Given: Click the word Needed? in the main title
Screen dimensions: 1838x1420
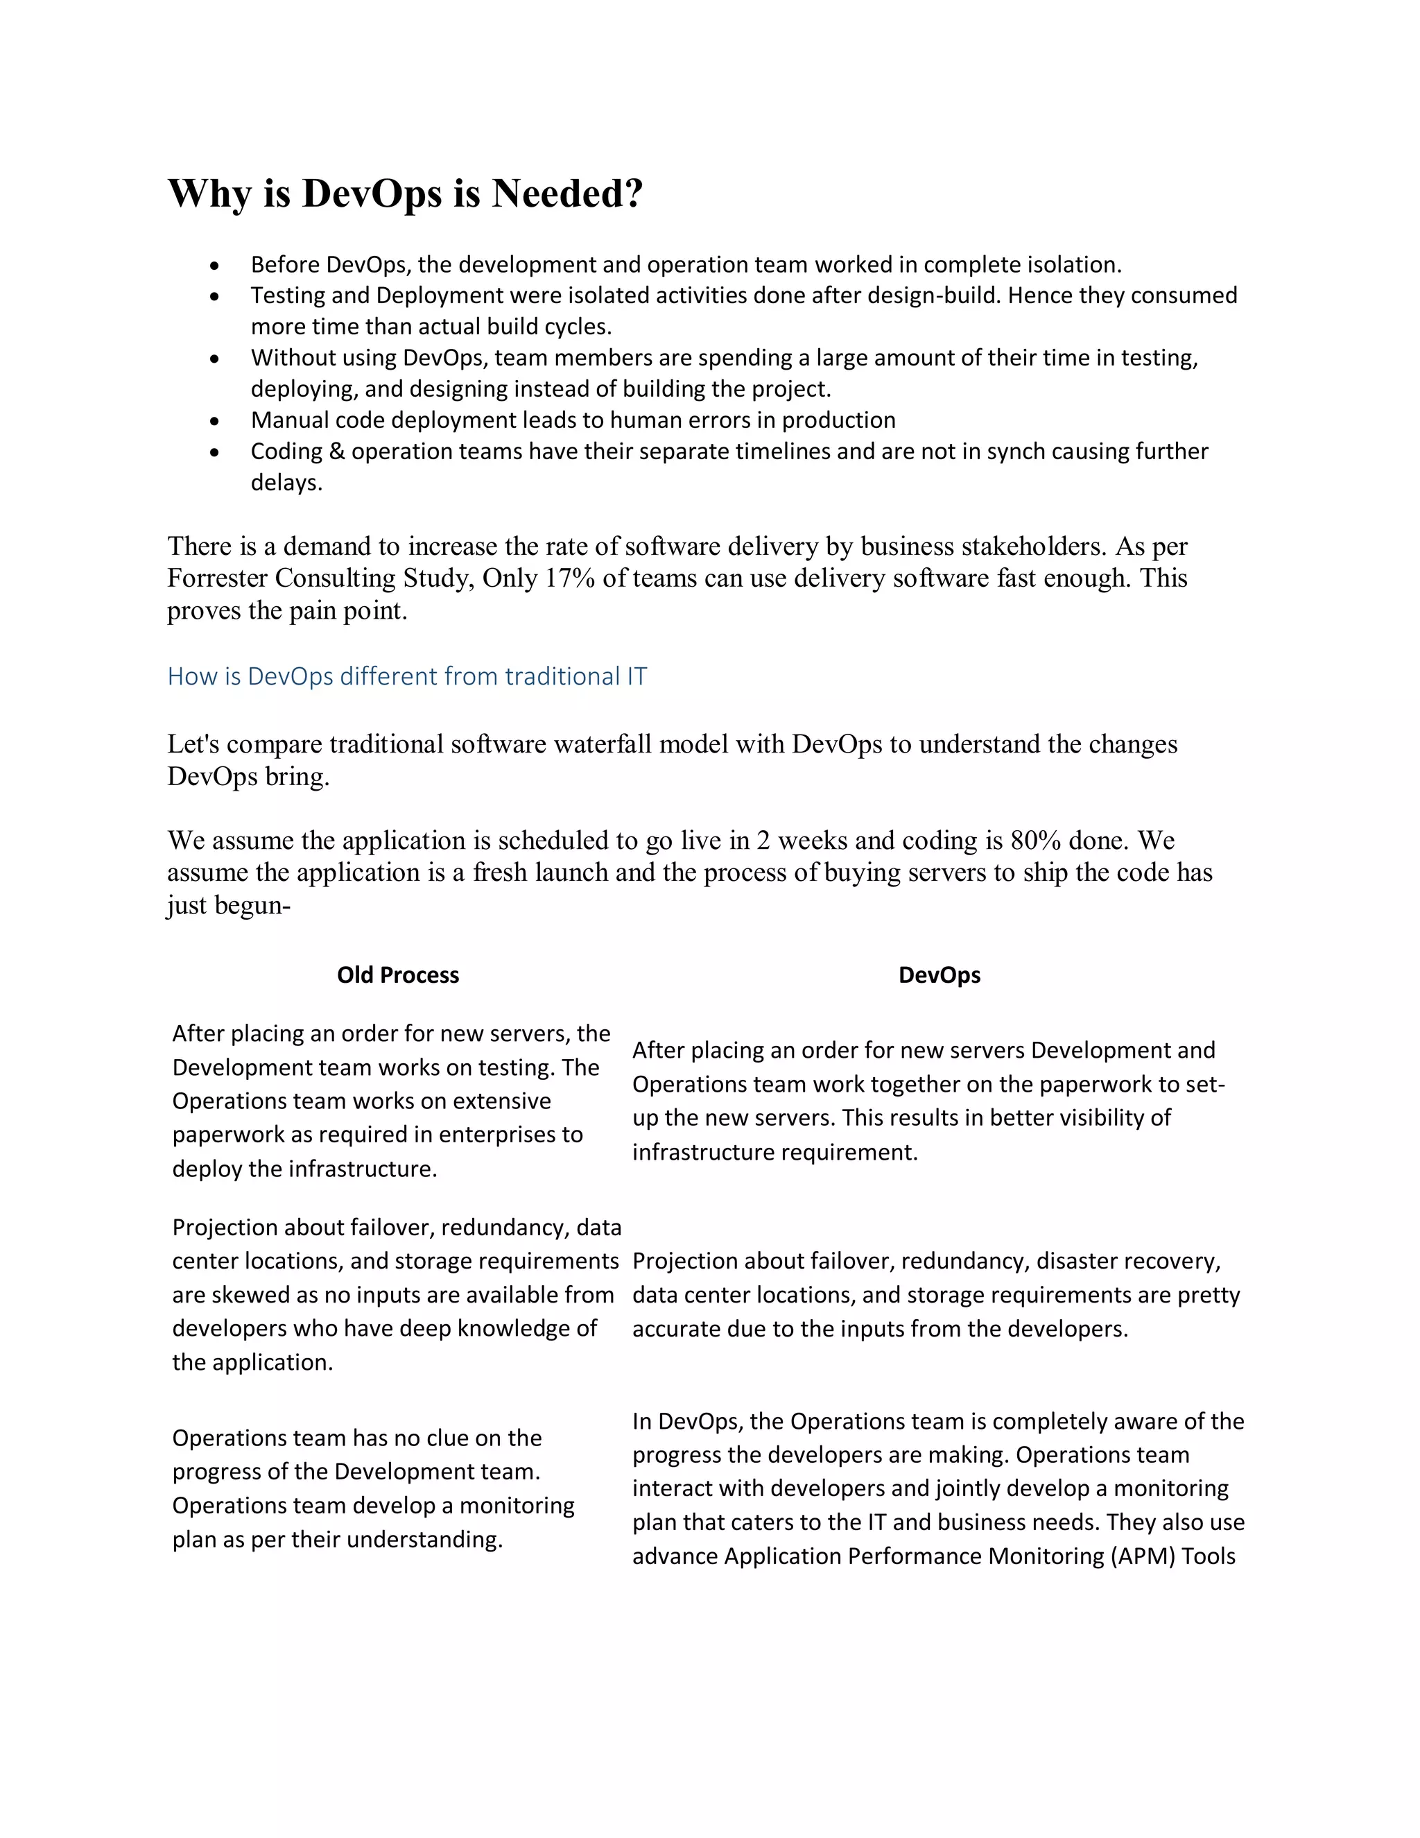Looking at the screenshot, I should point(567,194).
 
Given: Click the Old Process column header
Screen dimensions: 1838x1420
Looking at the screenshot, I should point(398,974).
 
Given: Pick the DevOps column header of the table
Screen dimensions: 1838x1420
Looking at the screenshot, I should point(939,974).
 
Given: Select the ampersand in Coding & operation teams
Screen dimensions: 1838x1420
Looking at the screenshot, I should point(336,452).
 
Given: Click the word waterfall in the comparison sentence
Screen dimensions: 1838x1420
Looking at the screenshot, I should point(603,744).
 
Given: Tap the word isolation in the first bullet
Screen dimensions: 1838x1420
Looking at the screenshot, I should point(1074,265).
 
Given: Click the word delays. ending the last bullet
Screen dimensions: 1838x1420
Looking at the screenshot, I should point(287,483).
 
